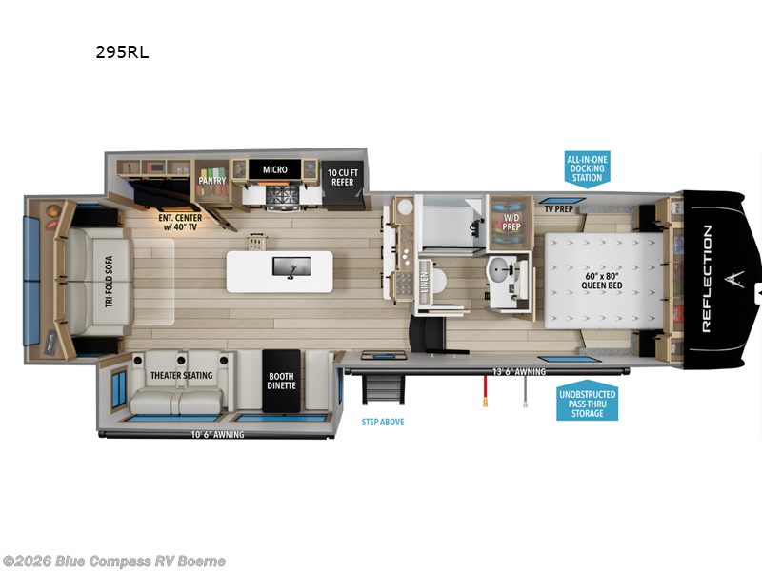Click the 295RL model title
coord(122,53)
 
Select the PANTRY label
coord(212,179)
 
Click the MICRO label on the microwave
coord(275,169)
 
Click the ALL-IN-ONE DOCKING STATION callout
coord(587,167)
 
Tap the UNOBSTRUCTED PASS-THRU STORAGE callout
coord(587,404)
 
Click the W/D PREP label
coord(512,223)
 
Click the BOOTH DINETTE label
coord(283,381)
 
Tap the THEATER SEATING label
coord(182,375)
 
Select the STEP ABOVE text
coord(382,421)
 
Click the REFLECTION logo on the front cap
coord(707,278)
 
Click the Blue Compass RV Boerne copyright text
coord(114,561)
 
